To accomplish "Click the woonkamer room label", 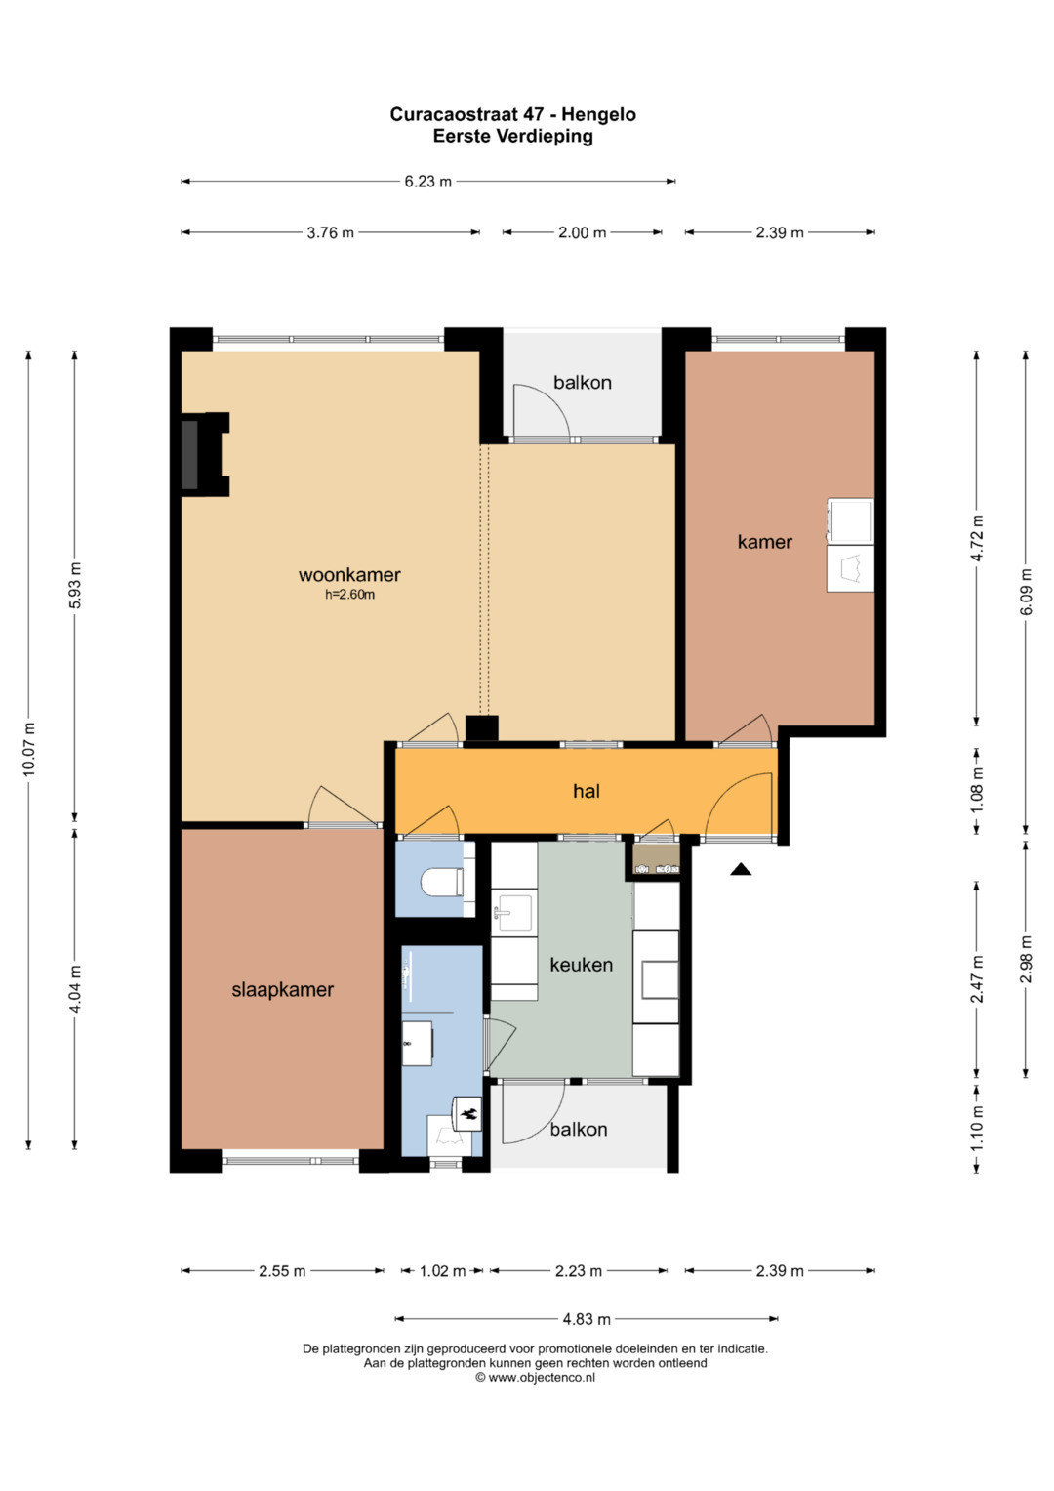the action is [349, 574].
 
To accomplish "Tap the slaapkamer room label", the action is [282, 990].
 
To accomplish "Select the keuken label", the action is [581, 965].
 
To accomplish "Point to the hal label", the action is [587, 791].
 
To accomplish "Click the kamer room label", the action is [764, 542].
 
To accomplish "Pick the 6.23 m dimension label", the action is [427, 181].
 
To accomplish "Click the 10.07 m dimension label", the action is [28, 749].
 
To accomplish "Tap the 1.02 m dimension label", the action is [442, 1271].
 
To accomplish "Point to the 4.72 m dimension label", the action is [977, 538].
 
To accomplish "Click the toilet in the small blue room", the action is [442, 883].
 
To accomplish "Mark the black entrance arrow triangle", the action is [741, 869].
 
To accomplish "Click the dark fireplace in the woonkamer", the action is [190, 455].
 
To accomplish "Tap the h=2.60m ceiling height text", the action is [349, 595].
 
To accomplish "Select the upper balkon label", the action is [583, 382].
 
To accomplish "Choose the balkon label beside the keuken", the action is [578, 1129].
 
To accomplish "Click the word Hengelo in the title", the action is [598, 115].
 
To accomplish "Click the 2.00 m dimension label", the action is [582, 232].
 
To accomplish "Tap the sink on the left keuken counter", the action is [513, 913].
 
